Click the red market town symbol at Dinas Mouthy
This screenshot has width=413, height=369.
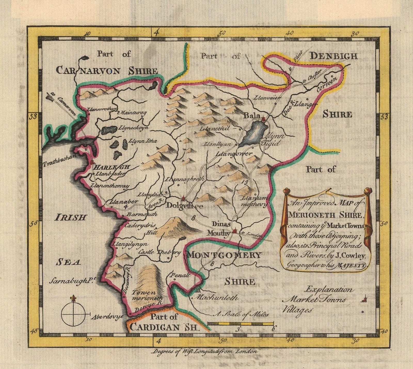click(235, 231)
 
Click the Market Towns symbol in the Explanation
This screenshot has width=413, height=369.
click(364, 300)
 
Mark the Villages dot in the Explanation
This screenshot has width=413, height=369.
click(363, 312)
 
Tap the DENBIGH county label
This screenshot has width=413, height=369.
click(333, 56)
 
